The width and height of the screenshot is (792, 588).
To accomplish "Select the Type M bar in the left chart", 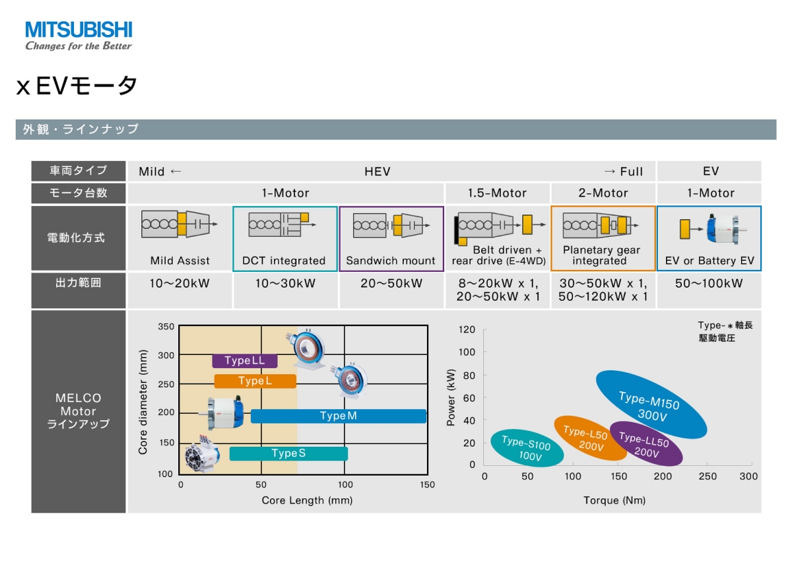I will pos(339,416).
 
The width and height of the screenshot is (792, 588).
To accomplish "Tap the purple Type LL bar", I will pos(244,361).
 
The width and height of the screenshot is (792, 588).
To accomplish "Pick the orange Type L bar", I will pos(255,381).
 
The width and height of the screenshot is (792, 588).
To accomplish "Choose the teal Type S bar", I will pos(288,453).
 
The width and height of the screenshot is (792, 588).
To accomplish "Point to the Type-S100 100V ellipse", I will pos(527,449).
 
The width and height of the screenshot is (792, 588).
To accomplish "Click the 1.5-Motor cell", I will pos(497,193).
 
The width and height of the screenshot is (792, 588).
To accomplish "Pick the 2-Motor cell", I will pos(603,193).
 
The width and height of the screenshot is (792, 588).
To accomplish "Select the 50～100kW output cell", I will pos(709,284).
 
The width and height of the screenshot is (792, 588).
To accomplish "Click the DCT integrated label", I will pos(284,261).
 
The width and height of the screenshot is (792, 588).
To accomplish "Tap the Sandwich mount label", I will pos(391,261).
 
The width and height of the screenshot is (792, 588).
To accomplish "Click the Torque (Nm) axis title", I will pos(614,500).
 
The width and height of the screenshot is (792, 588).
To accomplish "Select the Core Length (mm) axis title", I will pos(307,500).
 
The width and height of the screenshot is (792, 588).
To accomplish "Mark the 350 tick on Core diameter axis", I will pos(166,327).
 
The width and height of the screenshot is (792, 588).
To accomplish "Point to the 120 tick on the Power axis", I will pos(467,329).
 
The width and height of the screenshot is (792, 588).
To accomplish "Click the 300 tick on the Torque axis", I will pos(748,476).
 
